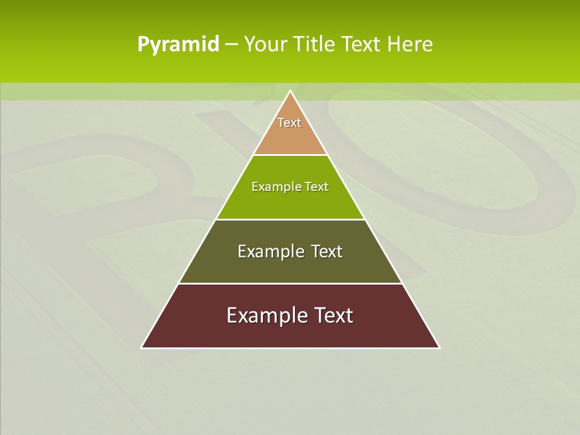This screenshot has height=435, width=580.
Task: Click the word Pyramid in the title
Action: click(178, 45)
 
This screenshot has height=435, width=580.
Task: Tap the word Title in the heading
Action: click(315, 45)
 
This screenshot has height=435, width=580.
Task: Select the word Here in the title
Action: click(410, 45)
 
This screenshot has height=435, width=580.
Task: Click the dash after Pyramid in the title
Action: click(231, 45)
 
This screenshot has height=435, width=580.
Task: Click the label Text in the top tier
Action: click(289, 123)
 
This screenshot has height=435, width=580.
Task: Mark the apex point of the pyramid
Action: click(290, 91)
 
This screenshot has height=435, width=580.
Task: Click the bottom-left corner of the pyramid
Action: click(142, 347)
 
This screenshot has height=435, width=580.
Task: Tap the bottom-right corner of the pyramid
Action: click(439, 347)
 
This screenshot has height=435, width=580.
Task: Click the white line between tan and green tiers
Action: click(290, 155)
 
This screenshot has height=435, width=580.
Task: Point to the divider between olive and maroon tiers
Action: click(290, 283)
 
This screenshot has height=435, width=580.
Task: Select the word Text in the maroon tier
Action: click(333, 315)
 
